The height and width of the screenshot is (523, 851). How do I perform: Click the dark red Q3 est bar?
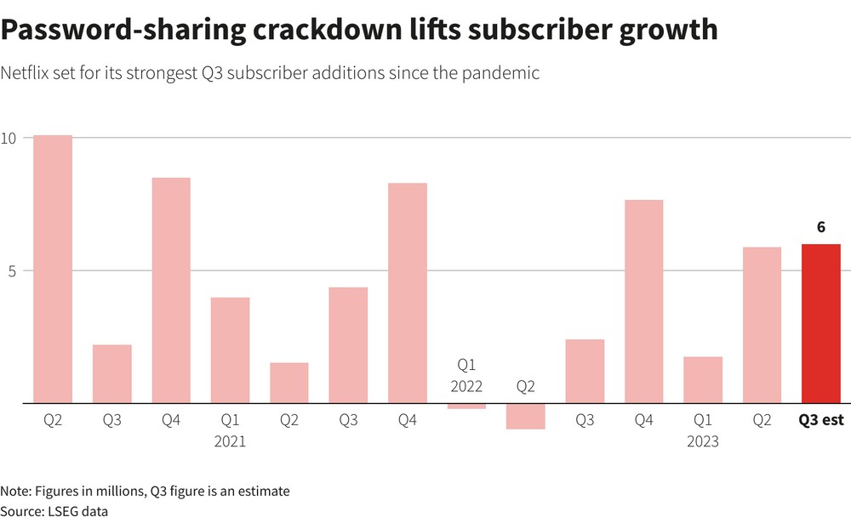(820, 323)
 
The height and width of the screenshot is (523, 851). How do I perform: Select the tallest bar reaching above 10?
(53, 269)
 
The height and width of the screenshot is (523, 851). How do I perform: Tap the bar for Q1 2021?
(230, 350)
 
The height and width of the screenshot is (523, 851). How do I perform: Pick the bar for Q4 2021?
(408, 293)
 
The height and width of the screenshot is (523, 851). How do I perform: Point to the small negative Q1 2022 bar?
(466, 406)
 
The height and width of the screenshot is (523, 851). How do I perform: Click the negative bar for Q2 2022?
(526, 416)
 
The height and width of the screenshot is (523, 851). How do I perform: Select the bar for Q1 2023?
(703, 379)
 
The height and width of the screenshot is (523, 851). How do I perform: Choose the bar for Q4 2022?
(643, 301)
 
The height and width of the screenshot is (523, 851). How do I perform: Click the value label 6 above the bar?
(821, 227)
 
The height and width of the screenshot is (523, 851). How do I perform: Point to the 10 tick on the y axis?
(9, 138)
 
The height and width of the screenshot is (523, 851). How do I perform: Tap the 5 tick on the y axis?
(12, 271)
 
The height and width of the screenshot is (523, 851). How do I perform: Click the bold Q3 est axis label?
(820, 419)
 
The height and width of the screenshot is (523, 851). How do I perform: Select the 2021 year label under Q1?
(230, 441)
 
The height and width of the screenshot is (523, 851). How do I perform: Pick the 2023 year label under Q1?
(703, 441)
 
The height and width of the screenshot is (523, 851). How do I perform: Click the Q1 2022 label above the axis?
(466, 375)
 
